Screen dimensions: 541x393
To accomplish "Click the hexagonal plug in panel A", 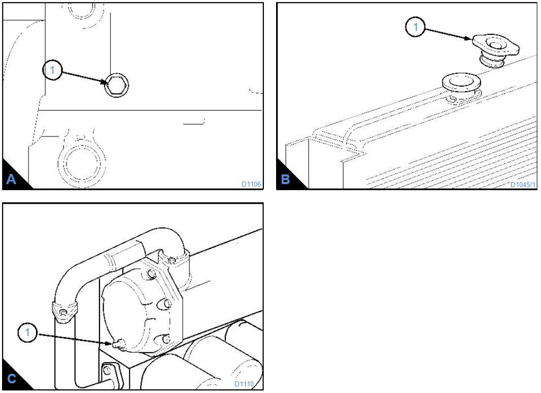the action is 117,85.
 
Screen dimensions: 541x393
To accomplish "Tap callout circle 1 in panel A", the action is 52,70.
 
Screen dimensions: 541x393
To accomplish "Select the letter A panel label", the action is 11,180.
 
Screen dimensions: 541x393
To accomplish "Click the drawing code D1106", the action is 251,184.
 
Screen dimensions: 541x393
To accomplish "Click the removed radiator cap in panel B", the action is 496,50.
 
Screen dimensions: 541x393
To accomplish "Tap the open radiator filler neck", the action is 462,85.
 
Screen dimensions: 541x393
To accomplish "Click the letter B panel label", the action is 285,180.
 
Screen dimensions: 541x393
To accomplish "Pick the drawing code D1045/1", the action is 523,185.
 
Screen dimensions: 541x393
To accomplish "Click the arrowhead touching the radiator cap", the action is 468,39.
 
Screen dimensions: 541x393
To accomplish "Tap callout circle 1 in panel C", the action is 27,332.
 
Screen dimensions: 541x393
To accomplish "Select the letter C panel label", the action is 11,378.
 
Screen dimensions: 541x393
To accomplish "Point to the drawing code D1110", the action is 244,384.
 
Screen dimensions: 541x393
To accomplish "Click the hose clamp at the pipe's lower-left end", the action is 64,312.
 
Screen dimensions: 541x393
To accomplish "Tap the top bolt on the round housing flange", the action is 151,274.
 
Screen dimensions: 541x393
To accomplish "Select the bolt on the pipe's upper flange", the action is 172,260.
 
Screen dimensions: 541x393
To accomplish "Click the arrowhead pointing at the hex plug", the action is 105,82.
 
